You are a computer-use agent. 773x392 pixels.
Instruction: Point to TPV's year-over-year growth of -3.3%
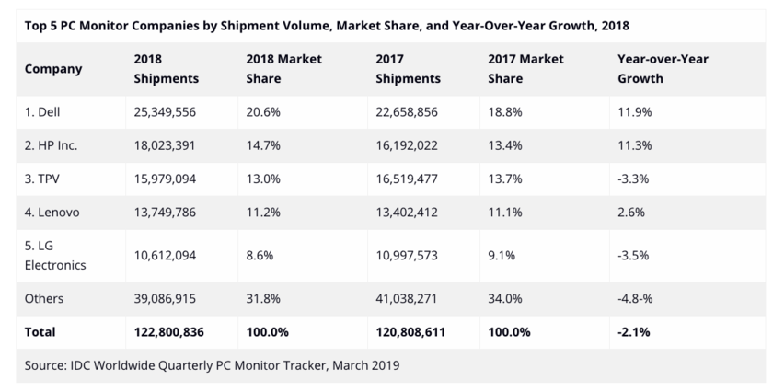tap(633, 178)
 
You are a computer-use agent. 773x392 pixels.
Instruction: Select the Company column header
tap(53, 69)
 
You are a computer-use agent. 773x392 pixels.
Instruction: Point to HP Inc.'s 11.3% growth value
tap(633, 144)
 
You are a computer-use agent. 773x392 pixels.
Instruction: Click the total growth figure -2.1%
tap(634, 331)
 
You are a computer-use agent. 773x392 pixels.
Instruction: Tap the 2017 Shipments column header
tap(409, 69)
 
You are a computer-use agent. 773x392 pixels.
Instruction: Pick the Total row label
tap(40, 331)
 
